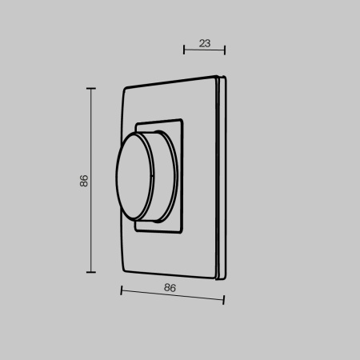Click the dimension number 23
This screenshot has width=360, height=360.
coord(204,45)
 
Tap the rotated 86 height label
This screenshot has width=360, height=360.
coord(84,180)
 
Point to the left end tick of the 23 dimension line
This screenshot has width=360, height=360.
coord(184,50)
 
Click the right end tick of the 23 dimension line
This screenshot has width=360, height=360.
coord(225,50)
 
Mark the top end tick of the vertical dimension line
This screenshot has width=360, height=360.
coord(90,89)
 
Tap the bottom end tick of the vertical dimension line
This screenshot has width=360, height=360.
coord(90,272)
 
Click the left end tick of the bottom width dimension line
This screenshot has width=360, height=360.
coord(121,290)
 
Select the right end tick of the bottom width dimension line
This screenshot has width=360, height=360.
coord(224,301)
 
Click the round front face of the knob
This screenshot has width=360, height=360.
coord(129,179)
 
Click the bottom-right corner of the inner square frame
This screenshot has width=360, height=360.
coord(184,234)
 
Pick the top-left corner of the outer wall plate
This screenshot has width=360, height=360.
coord(126,87)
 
